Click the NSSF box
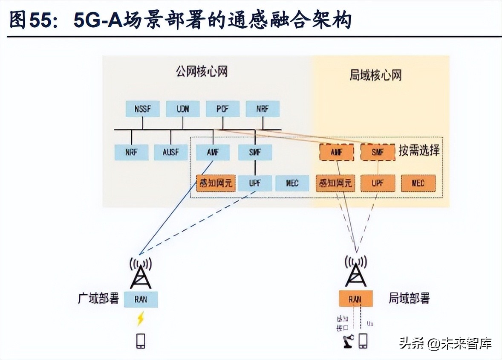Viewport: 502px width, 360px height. click(x=142, y=109)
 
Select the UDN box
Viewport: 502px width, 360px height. click(x=182, y=109)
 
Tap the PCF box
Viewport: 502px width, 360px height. click(x=222, y=109)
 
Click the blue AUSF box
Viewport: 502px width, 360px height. click(x=171, y=152)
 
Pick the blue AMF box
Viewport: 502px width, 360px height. click(x=213, y=152)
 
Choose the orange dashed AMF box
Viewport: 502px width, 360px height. click(x=336, y=152)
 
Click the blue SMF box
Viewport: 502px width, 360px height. click(x=255, y=152)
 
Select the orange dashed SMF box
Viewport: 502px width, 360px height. click(x=378, y=152)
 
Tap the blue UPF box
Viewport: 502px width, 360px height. click(x=255, y=183)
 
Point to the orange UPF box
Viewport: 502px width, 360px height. click(x=378, y=183)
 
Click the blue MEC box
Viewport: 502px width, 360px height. click(x=292, y=183)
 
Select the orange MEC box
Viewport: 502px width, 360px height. click(x=418, y=183)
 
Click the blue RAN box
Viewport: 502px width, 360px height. click(x=141, y=299)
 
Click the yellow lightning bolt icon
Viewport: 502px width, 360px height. click(x=140, y=319)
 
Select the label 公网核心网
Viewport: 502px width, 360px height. click(x=202, y=71)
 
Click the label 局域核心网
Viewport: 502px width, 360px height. click(x=375, y=75)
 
